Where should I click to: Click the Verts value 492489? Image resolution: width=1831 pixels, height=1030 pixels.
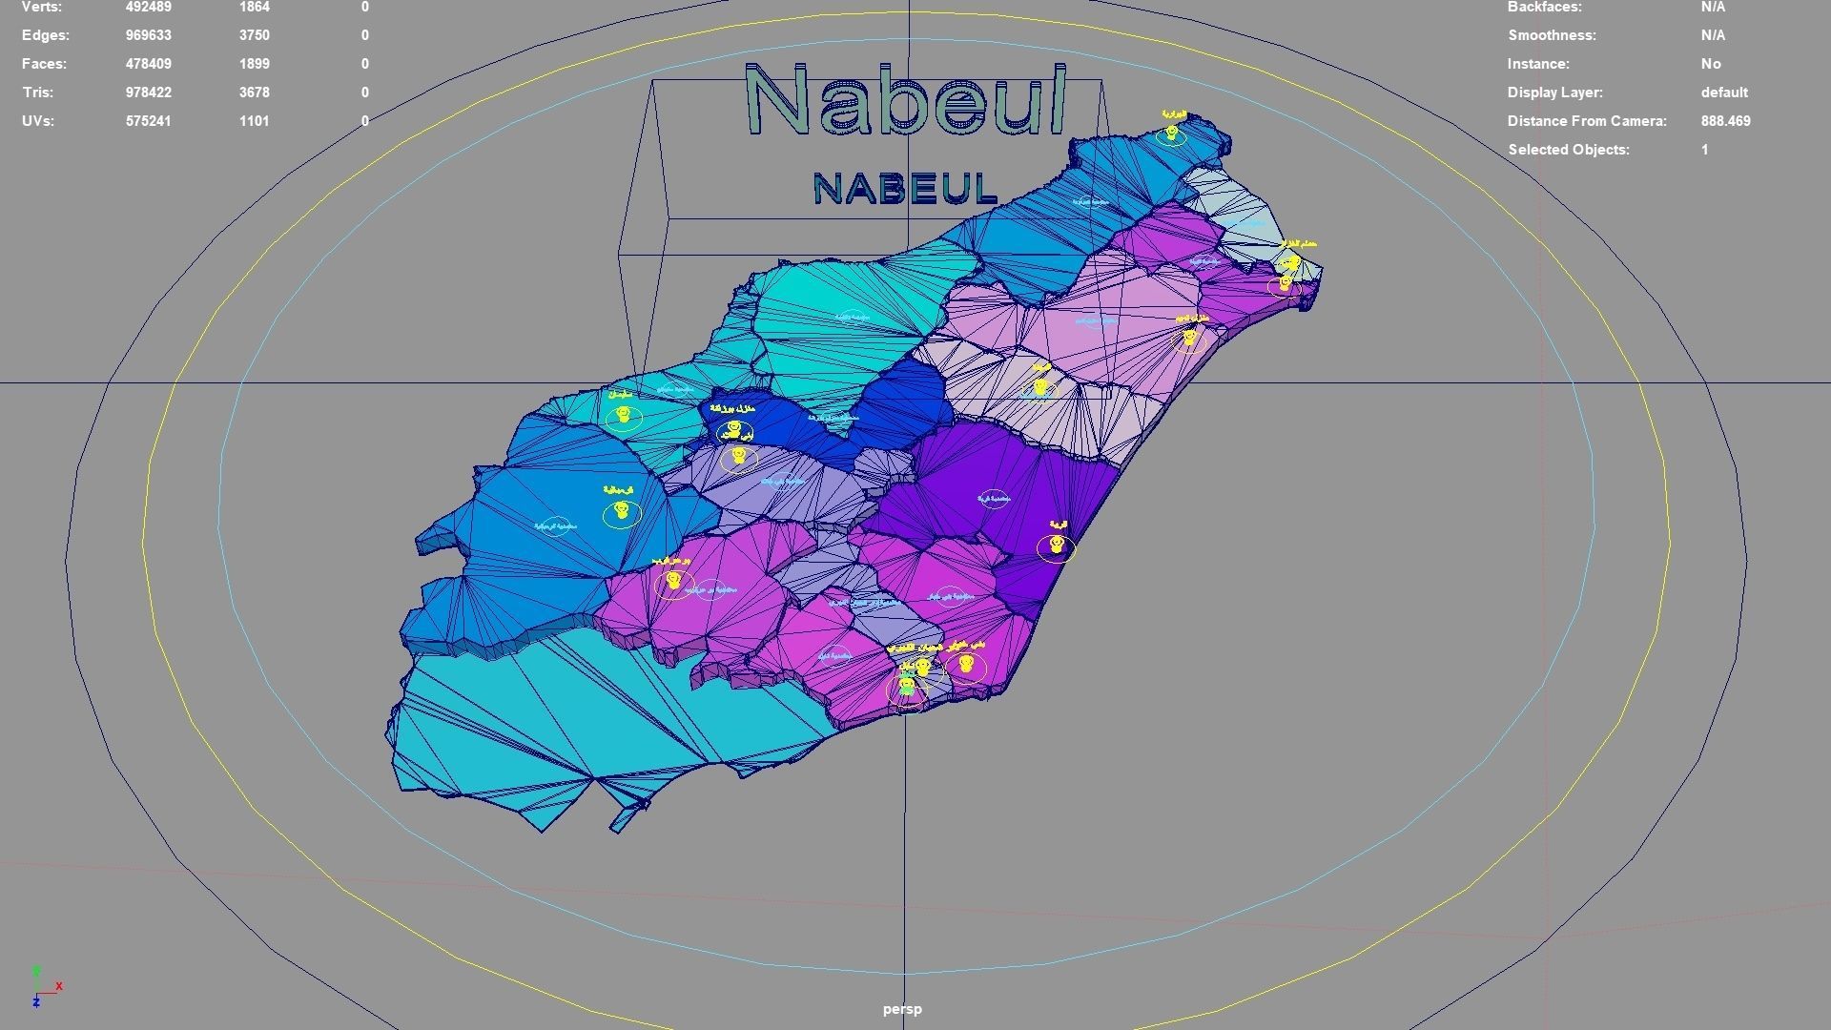point(148,8)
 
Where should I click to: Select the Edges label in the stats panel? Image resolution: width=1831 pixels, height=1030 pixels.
point(46,35)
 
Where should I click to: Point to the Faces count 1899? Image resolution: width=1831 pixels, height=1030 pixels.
point(254,64)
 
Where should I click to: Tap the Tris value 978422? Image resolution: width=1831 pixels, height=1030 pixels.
point(148,93)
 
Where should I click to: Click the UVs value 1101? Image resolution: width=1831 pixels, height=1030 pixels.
point(254,121)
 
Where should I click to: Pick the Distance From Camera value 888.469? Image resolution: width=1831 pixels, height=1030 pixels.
point(1725,121)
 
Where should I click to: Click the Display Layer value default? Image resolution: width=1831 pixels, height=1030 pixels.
point(1724,93)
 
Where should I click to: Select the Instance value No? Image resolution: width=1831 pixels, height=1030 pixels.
point(1711,64)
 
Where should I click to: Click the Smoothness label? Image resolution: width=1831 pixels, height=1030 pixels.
point(1552,35)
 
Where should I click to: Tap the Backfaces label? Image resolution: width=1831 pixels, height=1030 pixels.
point(1544,8)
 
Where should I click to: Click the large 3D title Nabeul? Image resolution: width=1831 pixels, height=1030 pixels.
point(905,102)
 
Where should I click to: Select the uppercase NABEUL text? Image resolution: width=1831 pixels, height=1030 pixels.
point(905,189)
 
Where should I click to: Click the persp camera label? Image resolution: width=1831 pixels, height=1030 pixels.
point(902,1009)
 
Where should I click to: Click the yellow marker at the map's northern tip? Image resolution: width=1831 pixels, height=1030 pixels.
point(1172,134)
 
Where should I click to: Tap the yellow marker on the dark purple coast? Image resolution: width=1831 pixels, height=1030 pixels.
point(1057,546)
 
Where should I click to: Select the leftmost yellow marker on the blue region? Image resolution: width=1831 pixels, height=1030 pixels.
point(622,512)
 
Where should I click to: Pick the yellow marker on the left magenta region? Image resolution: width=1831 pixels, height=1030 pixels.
point(674,580)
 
